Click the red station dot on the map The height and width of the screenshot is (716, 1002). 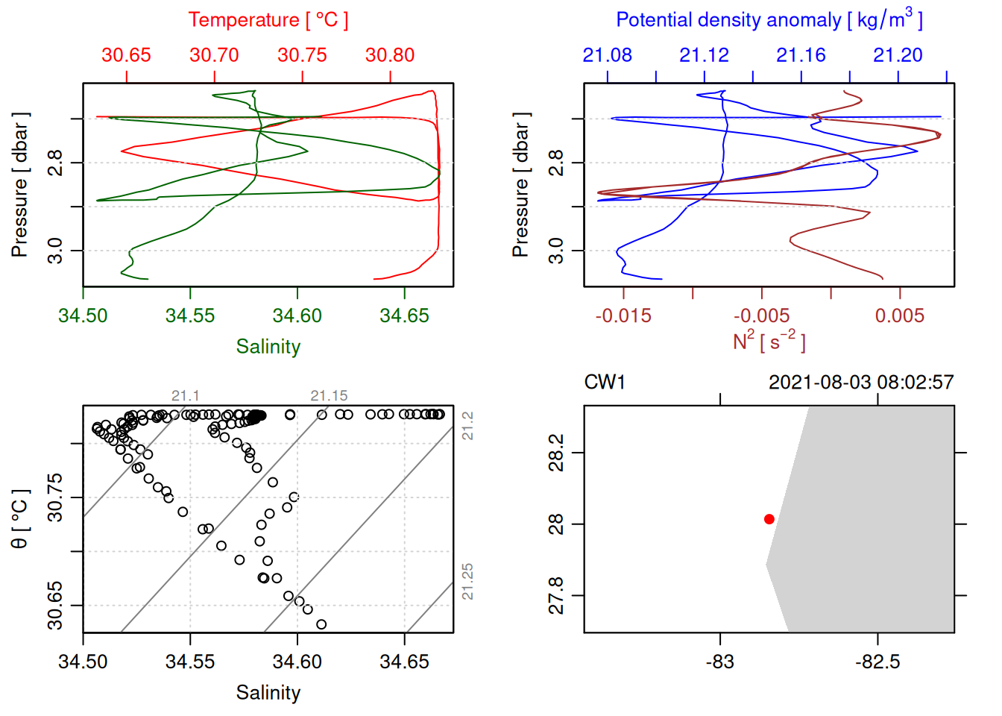[x=769, y=519]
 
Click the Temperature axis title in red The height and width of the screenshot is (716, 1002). [x=268, y=20]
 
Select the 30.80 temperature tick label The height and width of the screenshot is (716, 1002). [x=390, y=55]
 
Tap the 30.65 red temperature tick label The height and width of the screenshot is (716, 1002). [x=126, y=55]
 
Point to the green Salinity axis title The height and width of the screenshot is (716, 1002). [x=268, y=347]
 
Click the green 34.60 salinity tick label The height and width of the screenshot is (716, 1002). [x=297, y=315]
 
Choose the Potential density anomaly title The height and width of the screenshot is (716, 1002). [x=769, y=20]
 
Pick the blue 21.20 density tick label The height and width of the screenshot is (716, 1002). [x=898, y=55]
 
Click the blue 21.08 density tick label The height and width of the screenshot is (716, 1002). [x=607, y=55]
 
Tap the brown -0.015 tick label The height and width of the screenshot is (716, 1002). [x=623, y=315]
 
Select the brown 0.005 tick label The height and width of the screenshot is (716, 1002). [x=900, y=315]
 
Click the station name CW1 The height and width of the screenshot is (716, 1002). [x=605, y=383]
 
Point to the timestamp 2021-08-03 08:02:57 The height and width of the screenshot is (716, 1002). [x=861, y=383]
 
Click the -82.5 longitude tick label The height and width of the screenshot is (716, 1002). [x=877, y=662]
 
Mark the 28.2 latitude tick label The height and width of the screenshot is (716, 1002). [x=556, y=453]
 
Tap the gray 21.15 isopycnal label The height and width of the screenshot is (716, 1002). [x=329, y=396]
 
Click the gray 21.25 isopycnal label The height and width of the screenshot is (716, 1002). [x=467, y=582]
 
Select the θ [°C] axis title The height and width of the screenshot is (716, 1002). [x=20, y=519]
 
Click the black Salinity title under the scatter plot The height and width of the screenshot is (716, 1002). [x=268, y=693]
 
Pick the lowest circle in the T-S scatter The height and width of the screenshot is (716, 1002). [x=321, y=624]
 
